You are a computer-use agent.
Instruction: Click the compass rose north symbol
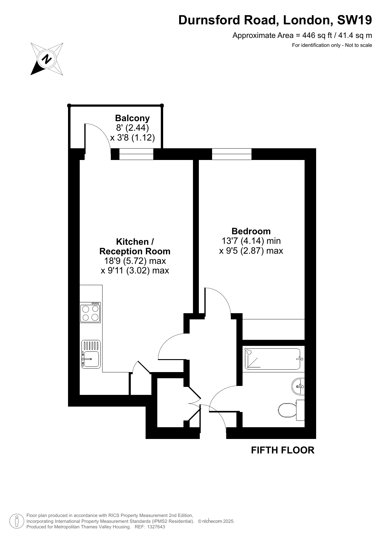[x=47, y=59]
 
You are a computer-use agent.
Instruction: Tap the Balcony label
[x=132, y=118]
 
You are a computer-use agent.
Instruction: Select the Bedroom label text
[x=251, y=231]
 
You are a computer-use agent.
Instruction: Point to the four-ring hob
[x=90, y=312]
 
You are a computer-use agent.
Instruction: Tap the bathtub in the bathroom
[x=273, y=359]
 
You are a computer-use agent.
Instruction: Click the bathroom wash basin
[x=298, y=386]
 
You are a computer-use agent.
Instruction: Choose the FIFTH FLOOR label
[x=283, y=450]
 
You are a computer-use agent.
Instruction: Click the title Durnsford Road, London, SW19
[x=275, y=20]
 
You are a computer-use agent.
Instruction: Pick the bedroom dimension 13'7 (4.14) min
[x=251, y=241]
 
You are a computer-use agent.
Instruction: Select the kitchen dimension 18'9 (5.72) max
[x=135, y=261]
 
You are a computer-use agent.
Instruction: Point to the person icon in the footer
[x=17, y=521]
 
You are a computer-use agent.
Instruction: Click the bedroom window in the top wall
[x=232, y=154]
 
